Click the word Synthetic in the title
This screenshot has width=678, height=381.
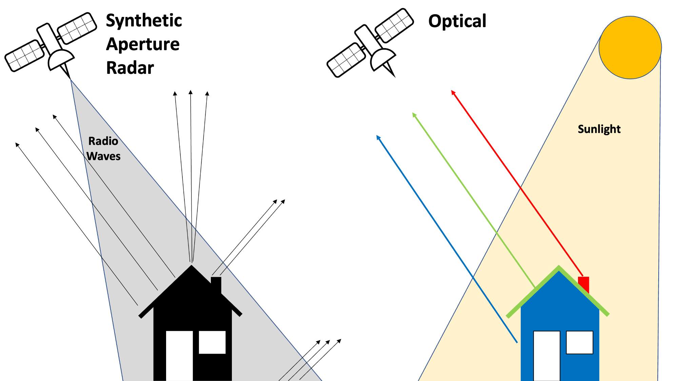(144, 21)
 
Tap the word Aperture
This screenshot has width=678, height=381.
(143, 44)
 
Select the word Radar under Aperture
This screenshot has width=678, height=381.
(130, 68)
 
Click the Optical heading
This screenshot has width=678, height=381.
(457, 21)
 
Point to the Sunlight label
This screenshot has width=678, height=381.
(599, 129)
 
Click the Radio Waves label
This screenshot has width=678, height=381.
(103, 148)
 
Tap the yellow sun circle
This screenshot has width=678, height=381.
(630, 47)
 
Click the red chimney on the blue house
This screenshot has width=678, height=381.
(584, 283)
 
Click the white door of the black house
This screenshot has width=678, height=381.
(179, 356)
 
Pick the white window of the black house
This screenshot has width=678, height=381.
(212, 342)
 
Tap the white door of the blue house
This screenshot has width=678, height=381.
(546, 356)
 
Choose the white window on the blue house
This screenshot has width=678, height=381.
(580, 342)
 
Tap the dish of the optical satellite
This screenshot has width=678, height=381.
(382, 58)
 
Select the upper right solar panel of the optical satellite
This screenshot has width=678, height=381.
(394, 25)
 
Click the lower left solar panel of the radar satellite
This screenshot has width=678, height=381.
(24, 56)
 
